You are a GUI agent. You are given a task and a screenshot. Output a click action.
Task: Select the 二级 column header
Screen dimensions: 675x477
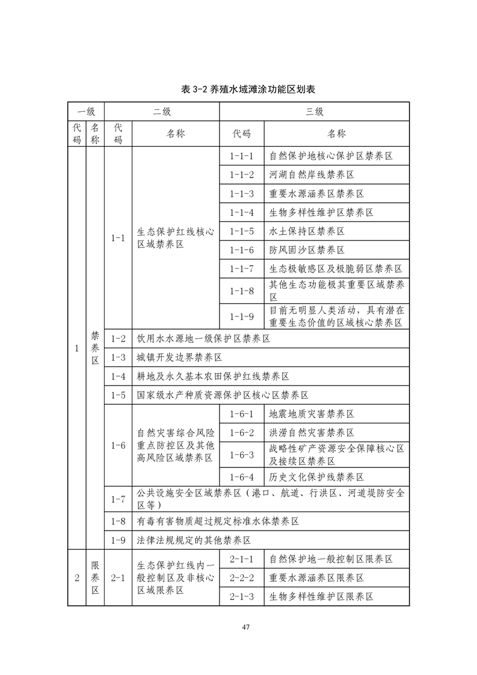(x=162, y=111)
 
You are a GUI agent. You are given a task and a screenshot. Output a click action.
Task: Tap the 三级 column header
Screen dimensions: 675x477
(x=315, y=111)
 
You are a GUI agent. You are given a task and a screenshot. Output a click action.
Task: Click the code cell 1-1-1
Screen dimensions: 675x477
(x=242, y=156)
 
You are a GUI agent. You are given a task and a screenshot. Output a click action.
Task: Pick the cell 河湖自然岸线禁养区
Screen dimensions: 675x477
(x=311, y=175)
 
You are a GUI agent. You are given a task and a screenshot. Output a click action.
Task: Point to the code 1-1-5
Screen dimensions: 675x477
(x=242, y=231)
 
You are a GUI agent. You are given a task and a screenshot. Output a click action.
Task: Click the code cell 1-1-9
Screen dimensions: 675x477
(x=242, y=316)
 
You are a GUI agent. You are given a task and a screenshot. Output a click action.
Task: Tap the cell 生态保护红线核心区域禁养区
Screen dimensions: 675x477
(x=176, y=238)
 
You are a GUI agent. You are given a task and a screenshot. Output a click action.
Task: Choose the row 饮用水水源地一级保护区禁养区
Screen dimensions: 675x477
(x=203, y=339)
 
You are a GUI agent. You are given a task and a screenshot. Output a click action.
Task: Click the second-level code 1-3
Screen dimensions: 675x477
(x=118, y=357)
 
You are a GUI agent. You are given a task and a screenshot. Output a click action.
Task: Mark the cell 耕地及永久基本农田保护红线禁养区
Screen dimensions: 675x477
(x=213, y=376)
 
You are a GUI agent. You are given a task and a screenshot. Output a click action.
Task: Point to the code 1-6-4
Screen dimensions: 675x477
(x=242, y=476)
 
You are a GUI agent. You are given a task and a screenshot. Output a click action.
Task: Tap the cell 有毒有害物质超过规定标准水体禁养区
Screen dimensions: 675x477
(x=218, y=520)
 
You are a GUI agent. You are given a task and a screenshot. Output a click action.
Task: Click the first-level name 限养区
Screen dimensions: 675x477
(x=95, y=578)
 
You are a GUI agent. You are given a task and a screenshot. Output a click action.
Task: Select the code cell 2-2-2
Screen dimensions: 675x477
(x=242, y=578)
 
